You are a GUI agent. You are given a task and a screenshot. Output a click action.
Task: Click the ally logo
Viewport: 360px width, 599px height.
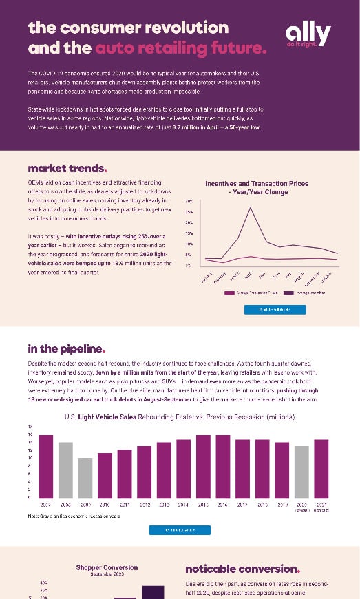click(308, 34)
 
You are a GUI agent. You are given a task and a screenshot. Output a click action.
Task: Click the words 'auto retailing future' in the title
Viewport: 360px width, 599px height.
click(180, 48)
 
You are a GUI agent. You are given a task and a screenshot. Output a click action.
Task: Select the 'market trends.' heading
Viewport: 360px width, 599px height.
click(67, 169)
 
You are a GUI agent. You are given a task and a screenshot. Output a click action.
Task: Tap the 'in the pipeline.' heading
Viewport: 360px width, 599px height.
click(66, 348)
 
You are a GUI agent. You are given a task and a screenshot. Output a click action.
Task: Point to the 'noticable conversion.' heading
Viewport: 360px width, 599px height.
click(242, 569)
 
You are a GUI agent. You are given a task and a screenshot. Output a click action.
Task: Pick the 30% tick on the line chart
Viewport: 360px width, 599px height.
click(189, 201)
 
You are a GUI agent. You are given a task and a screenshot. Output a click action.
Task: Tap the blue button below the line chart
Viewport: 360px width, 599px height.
click(275, 310)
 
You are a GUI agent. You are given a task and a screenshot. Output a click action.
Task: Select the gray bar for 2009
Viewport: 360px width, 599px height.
click(85, 477)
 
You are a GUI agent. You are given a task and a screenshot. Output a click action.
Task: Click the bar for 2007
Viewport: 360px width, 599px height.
click(46, 466)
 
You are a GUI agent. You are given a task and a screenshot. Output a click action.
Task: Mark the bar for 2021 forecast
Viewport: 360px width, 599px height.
click(322, 468)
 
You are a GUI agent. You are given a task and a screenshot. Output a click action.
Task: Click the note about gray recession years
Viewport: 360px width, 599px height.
click(74, 515)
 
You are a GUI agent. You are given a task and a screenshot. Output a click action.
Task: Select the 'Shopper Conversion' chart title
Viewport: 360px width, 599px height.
click(107, 568)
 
